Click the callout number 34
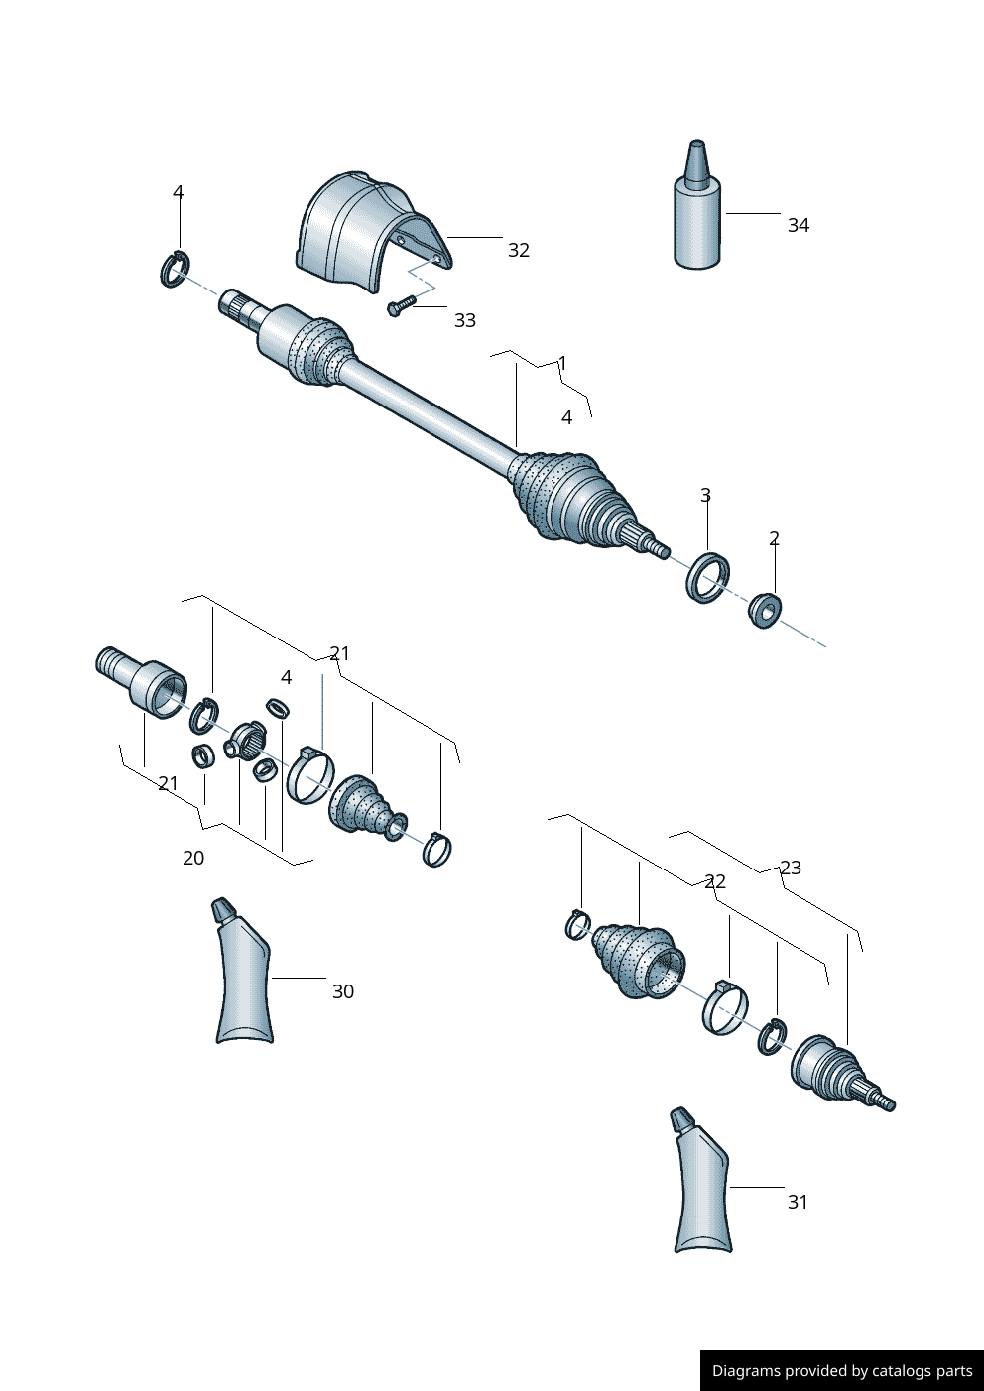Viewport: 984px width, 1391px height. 799,225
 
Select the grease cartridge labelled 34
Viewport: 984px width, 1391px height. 697,205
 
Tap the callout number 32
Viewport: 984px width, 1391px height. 519,250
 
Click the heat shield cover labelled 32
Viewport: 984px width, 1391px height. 372,232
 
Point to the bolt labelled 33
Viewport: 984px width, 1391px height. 401,306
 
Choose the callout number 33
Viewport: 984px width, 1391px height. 465,321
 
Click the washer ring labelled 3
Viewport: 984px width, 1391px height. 708,577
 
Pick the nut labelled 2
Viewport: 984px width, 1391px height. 765,611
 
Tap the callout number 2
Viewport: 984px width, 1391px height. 774,539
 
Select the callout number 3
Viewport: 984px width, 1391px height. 705,495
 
